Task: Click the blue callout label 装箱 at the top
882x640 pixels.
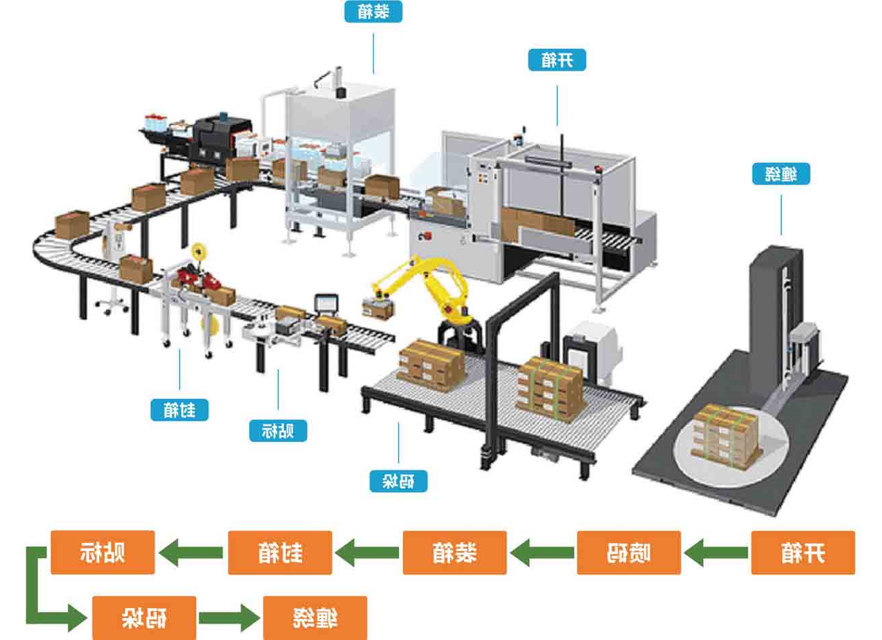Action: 372,12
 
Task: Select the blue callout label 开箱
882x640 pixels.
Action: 557,60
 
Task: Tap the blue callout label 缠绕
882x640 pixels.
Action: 781,174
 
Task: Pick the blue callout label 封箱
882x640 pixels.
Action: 179,409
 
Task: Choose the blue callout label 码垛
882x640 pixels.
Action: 399,481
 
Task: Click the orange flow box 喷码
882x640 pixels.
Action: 628,552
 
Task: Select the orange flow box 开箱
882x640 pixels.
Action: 803,552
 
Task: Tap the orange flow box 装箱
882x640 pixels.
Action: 455,552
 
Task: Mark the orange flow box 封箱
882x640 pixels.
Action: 280,552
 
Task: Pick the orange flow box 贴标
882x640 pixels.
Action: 103,552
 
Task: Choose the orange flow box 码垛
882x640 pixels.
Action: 145,618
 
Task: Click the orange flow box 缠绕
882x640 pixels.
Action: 315,618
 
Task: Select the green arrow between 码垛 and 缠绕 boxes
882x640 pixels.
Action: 229,618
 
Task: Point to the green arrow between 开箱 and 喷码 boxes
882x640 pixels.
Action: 716,552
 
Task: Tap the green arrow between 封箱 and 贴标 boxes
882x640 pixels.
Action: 192,552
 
